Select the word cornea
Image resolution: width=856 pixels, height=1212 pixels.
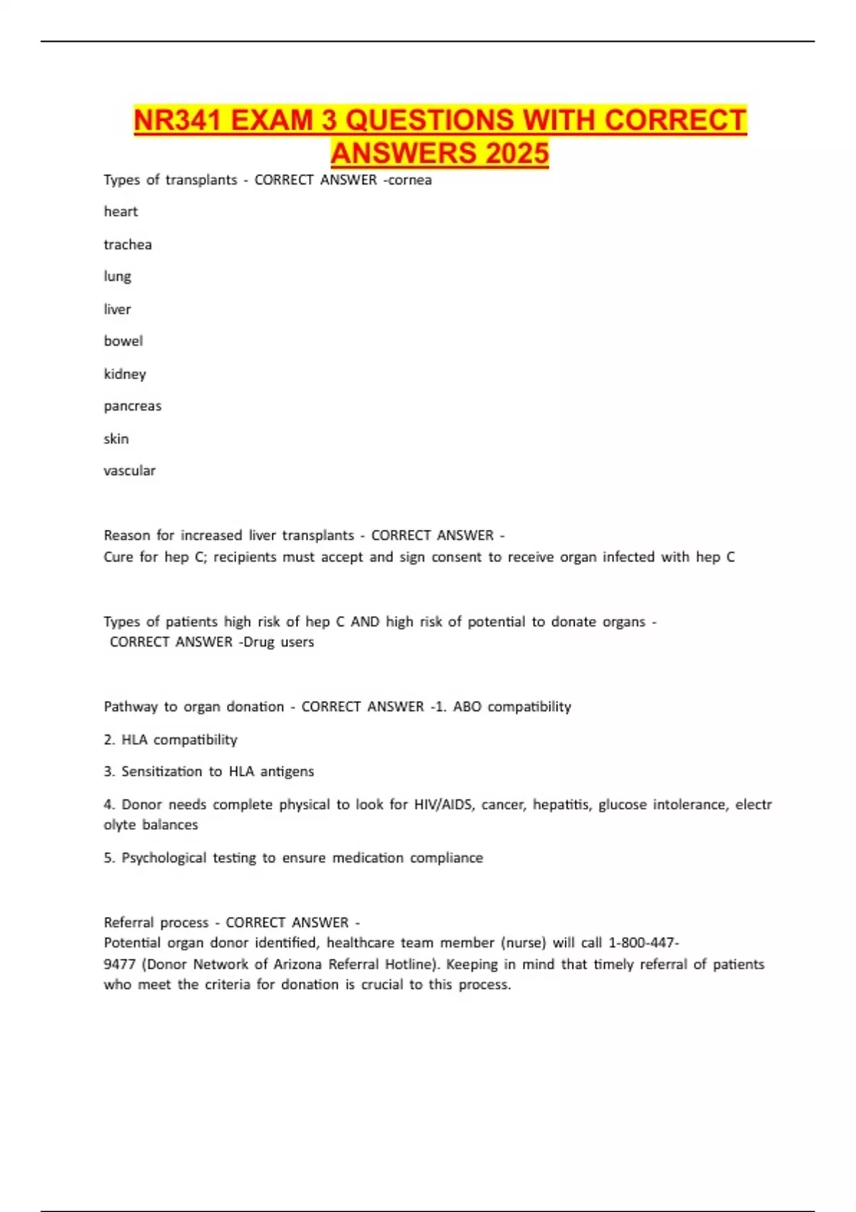click(x=410, y=180)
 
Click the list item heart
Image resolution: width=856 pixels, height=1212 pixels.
click(x=121, y=212)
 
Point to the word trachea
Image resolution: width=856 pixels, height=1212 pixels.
click(x=128, y=245)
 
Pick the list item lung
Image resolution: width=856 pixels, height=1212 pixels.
click(x=118, y=277)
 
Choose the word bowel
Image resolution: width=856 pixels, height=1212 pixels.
click(x=123, y=341)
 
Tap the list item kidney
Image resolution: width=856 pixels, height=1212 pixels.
click(x=125, y=374)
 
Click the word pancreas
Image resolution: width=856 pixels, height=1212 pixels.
click(x=133, y=406)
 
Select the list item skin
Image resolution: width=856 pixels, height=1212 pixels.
click(x=116, y=438)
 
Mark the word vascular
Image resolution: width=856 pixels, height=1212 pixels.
click(x=129, y=471)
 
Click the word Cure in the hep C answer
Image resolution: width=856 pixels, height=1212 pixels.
click(x=118, y=557)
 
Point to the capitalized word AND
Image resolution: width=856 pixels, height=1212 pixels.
click(x=365, y=622)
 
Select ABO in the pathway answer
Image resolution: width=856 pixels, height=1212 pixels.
click(x=467, y=707)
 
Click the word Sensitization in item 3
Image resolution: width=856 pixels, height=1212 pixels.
click(x=162, y=771)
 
